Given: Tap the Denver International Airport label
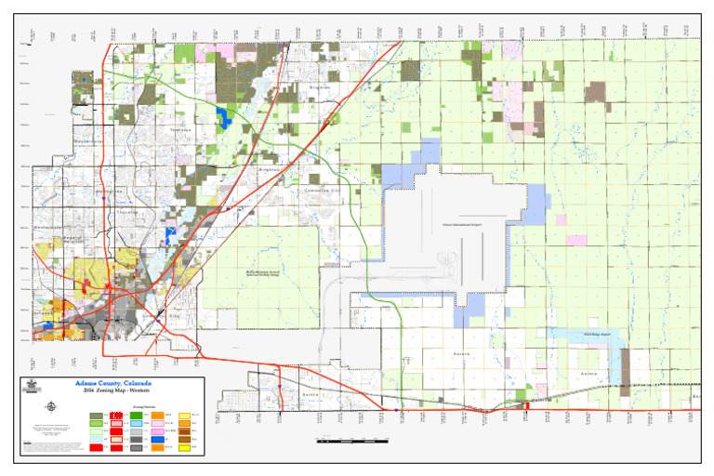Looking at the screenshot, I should pos(462,224).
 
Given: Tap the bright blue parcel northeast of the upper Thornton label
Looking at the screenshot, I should pos(222,115).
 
